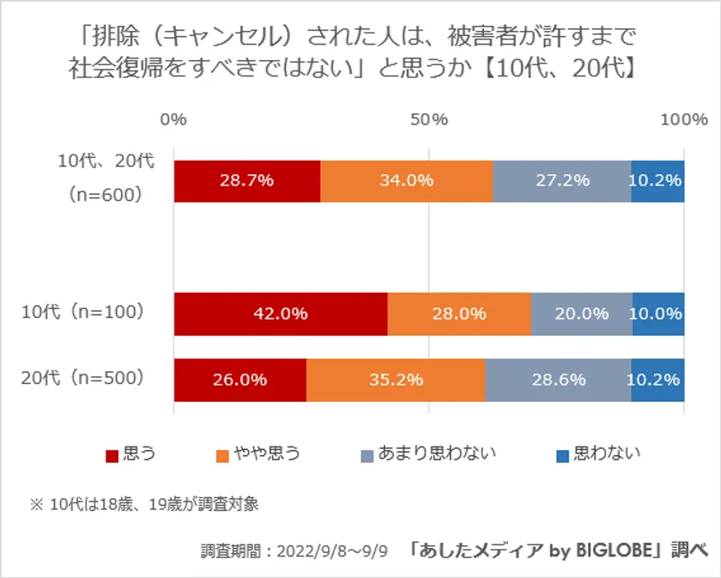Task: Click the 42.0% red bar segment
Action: tap(281, 313)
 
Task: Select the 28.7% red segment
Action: tap(247, 180)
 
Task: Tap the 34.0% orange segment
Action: tap(407, 180)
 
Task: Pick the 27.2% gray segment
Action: tap(562, 180)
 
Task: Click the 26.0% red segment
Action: tap(240, 379)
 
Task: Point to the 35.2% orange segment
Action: tap(396, 379)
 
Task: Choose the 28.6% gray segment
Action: tap(558, 379)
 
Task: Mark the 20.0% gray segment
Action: tap(582, 313)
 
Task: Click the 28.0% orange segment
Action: tap(459, 313)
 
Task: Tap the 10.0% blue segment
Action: tap(658, 313)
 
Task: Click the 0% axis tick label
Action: tap(174, 119)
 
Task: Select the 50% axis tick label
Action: tap(429, 119)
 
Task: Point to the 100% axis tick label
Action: tap(683, 119)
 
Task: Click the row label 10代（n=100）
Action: tap(82, 313)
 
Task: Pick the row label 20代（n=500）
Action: tap(82, 378)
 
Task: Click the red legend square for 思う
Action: tap(112, 455)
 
